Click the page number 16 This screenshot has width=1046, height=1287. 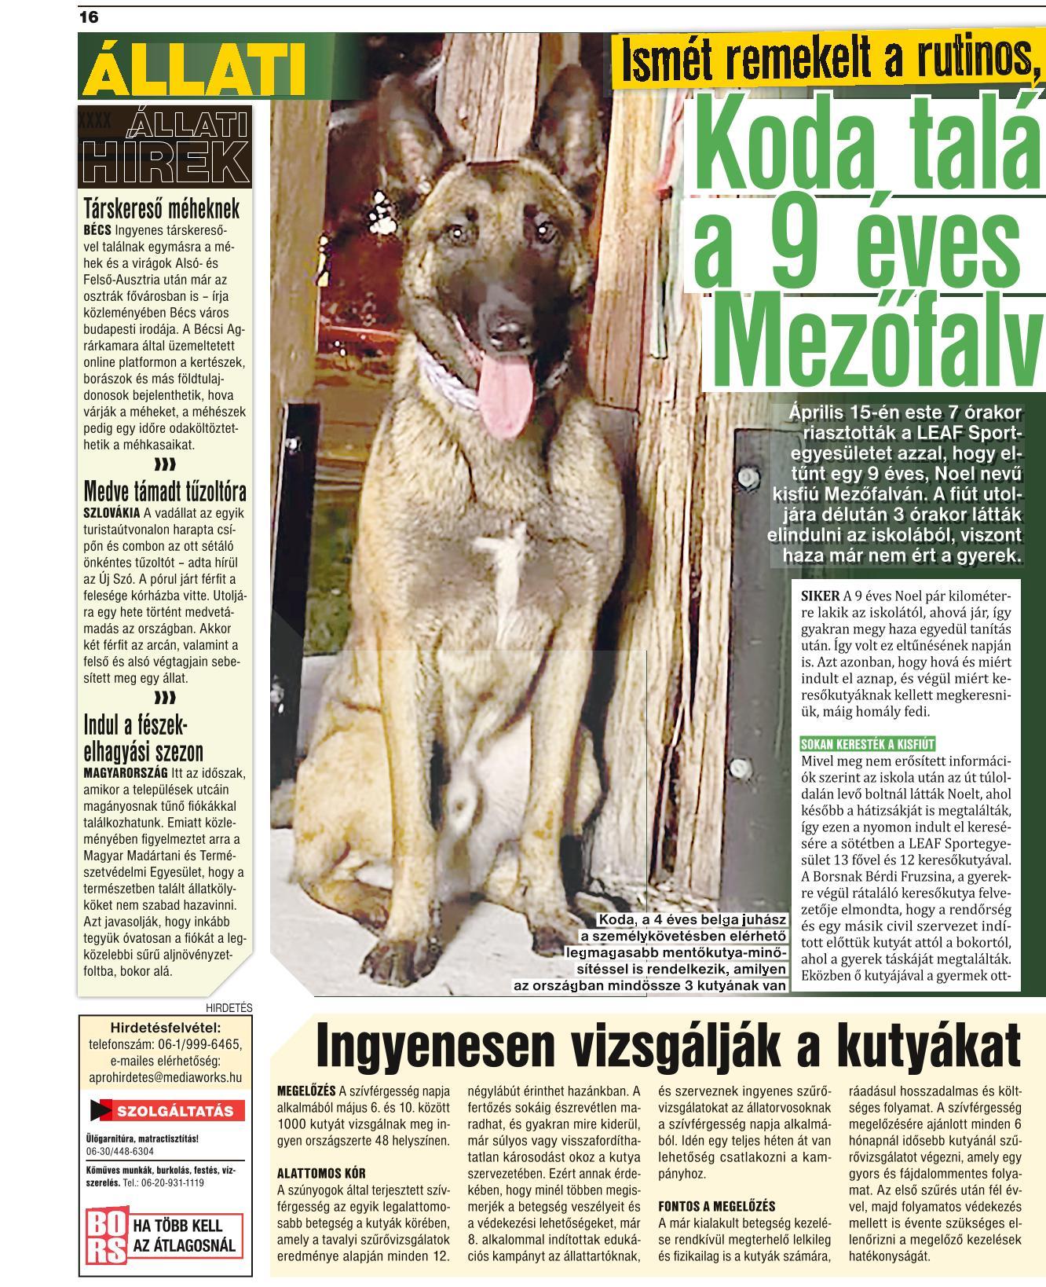89,16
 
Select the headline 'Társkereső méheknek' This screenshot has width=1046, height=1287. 162,210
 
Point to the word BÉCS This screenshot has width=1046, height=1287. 97,231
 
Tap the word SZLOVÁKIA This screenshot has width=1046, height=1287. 112,513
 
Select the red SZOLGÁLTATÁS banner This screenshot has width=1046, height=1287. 166,1111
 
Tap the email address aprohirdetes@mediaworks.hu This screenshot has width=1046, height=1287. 166,1078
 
